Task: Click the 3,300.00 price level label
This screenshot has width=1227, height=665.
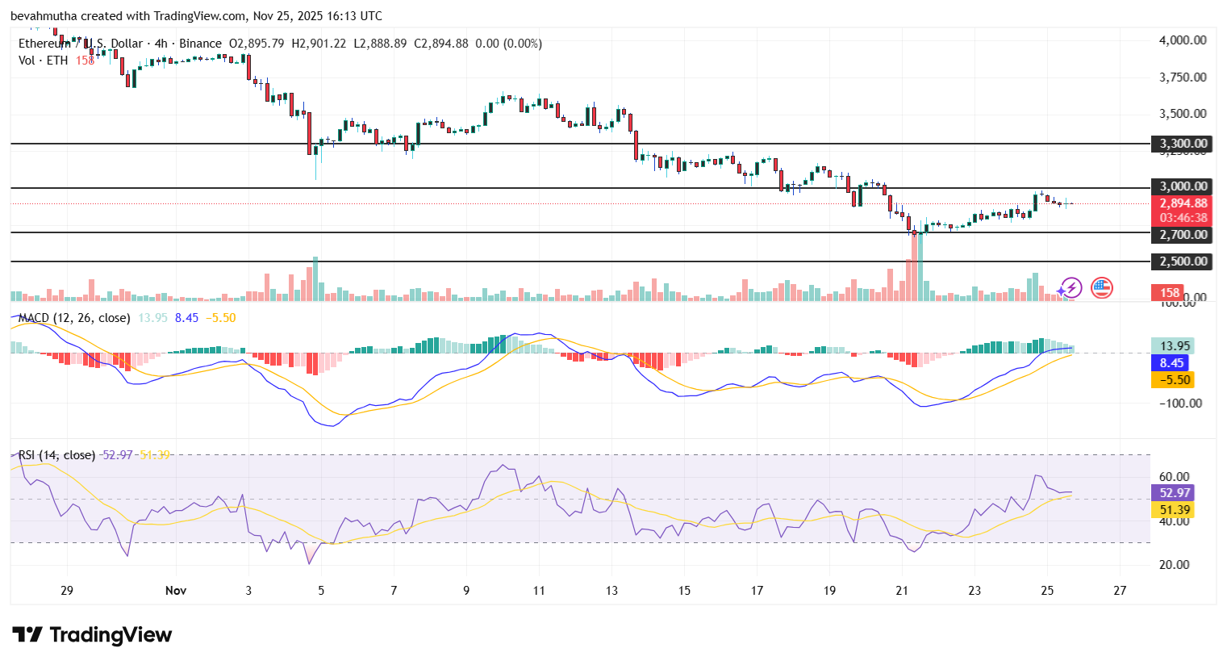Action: point(1183,144)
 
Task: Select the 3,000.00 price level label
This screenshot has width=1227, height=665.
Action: point(1183,186)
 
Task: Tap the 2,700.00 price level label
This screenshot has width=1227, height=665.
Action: point(1183,235)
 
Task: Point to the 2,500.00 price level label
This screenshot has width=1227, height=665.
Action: point(1183,261)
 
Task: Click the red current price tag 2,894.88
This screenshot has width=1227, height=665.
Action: point(1183,203)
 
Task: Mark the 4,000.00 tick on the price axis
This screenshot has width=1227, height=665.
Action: point(1183,40)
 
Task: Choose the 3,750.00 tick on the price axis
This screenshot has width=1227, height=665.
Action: point(1183,77)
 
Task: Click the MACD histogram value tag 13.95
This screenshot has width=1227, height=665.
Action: point(1171,346)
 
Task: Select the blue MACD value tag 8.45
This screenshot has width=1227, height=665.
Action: point(1171,363)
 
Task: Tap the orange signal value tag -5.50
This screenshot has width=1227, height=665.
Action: point(1171,380)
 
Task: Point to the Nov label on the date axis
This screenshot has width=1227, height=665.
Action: point(176,591)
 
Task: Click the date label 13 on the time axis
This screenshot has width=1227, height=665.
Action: point(611,591)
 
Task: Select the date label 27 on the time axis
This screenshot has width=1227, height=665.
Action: point(1120,591)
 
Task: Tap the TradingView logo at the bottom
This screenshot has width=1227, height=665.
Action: point(92,635)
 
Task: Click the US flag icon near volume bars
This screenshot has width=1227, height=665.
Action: point(1102,287)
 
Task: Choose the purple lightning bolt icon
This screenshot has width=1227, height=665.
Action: point(1070,287)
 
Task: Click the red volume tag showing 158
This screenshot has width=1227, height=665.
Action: point(1170,293)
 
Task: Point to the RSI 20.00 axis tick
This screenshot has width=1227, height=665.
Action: point(1174,565)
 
